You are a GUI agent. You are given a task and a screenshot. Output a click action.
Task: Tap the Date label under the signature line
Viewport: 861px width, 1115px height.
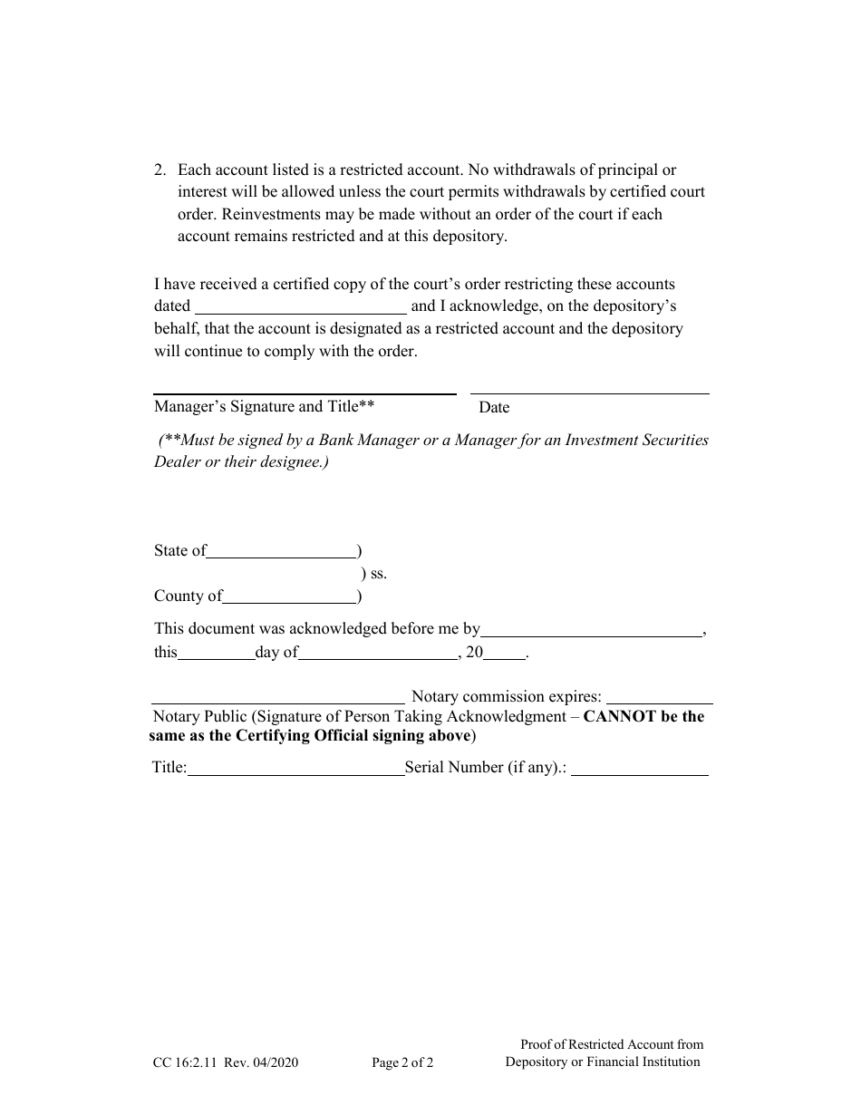[494, 408]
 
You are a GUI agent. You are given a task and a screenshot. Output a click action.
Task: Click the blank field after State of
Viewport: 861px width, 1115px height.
[282, 551]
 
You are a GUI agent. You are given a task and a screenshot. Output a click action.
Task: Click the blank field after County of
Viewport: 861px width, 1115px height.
[289, 596]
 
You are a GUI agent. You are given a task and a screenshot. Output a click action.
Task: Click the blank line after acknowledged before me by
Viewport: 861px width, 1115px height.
[591, 629]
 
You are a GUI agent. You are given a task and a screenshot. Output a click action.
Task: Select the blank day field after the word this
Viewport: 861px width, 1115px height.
[217, 653]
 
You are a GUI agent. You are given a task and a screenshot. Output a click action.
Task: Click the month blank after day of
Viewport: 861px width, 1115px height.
[378, 653]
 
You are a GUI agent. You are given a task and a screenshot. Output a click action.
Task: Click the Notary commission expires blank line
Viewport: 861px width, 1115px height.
[659, 698]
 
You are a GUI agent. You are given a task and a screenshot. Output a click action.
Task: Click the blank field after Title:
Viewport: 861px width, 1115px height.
[295, 769]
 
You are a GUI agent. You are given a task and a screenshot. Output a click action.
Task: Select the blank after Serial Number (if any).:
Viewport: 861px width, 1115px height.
[640, 769]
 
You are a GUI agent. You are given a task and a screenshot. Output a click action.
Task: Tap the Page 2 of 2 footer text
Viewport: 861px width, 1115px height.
[402, 1063]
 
